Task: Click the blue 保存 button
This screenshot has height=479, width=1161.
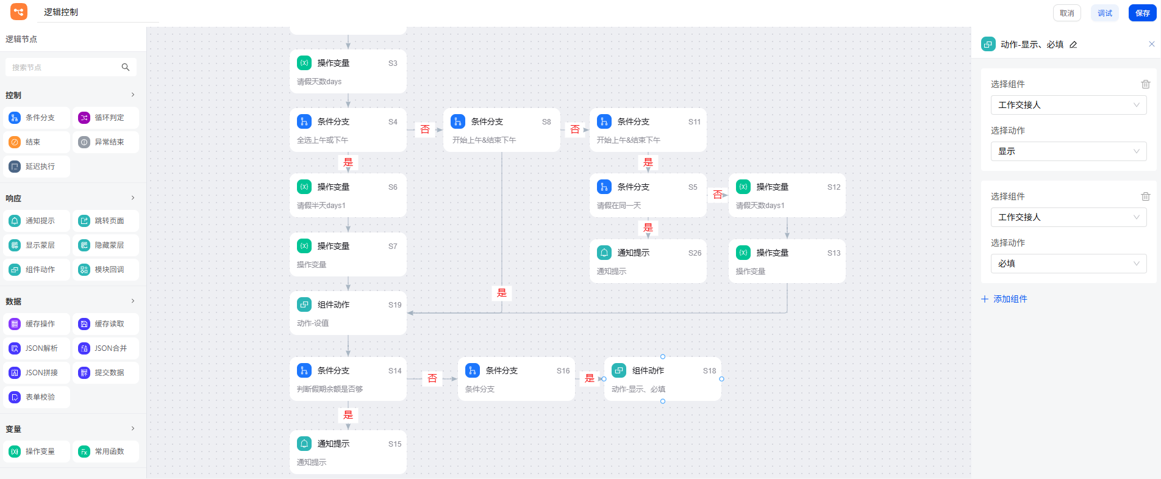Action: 1142,13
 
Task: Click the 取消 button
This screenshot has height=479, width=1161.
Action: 1066,13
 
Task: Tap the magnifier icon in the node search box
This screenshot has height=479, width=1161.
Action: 126,67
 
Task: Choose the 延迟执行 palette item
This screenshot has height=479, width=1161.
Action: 37,167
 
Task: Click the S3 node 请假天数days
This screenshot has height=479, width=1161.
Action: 348,71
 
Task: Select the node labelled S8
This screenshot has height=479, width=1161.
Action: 501,130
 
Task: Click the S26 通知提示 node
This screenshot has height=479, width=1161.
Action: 648,261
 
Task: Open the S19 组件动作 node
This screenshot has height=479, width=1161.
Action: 348,313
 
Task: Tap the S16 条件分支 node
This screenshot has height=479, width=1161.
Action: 516,379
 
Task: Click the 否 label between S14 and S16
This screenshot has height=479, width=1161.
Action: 432,378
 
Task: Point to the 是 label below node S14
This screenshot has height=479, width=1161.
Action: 348,415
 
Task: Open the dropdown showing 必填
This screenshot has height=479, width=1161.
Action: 1068,264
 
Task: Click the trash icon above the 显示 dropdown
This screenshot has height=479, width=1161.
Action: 1145,84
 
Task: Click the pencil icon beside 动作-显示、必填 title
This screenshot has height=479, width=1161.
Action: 1073,45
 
